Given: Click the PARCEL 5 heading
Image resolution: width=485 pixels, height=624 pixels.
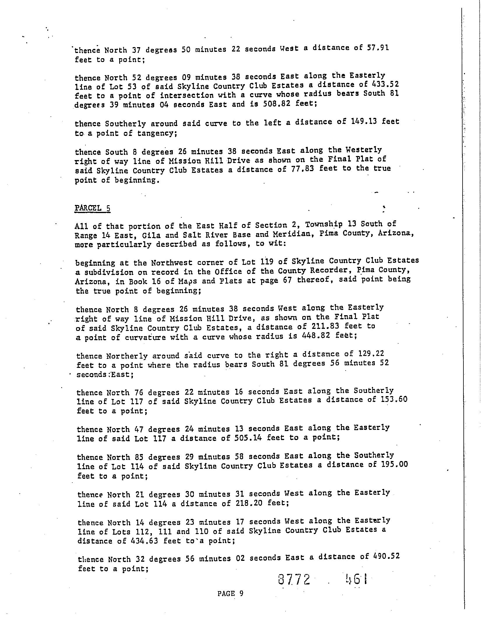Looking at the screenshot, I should point(92,208).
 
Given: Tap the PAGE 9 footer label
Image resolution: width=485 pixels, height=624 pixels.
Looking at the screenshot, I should point(230,593).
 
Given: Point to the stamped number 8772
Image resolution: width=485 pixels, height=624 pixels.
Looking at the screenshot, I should point(294,579).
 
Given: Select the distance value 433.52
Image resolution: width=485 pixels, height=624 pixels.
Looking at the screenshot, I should point(386,84).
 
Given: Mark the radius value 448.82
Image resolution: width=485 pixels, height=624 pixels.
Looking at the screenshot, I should point(316,336).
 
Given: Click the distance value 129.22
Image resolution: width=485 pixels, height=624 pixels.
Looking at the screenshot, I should point(371,354).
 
